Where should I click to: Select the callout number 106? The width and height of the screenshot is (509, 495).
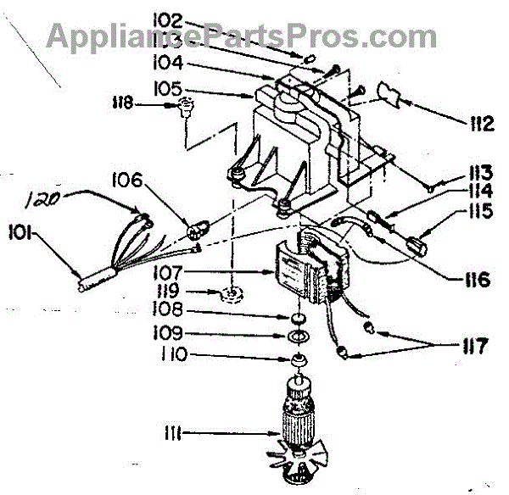tap(127, 181)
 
